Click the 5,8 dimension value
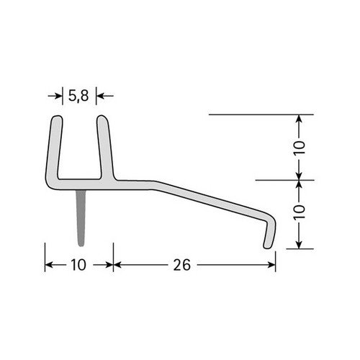tap(78, 96)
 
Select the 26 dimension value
tap(182, 265)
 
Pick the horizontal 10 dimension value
tap(78, 265)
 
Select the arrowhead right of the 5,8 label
tap(100, 96)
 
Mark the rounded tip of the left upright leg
tap(58, 117)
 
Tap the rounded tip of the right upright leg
tap(102, 117)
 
